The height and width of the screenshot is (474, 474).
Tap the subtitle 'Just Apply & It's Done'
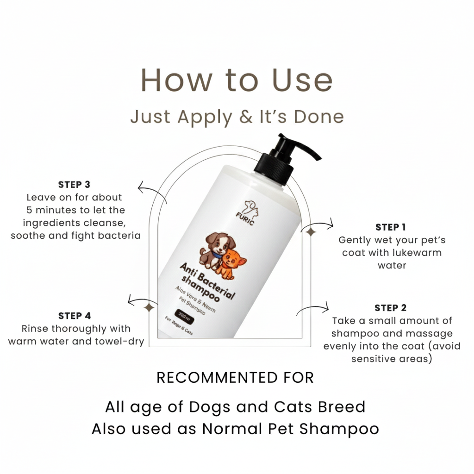237,117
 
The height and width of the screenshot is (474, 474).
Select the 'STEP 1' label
390,227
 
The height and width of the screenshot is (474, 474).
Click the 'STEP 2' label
390,308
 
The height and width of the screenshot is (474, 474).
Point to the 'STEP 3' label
74,185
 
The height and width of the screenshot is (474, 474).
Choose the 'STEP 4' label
75,316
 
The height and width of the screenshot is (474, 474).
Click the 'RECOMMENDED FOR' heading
235,378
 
